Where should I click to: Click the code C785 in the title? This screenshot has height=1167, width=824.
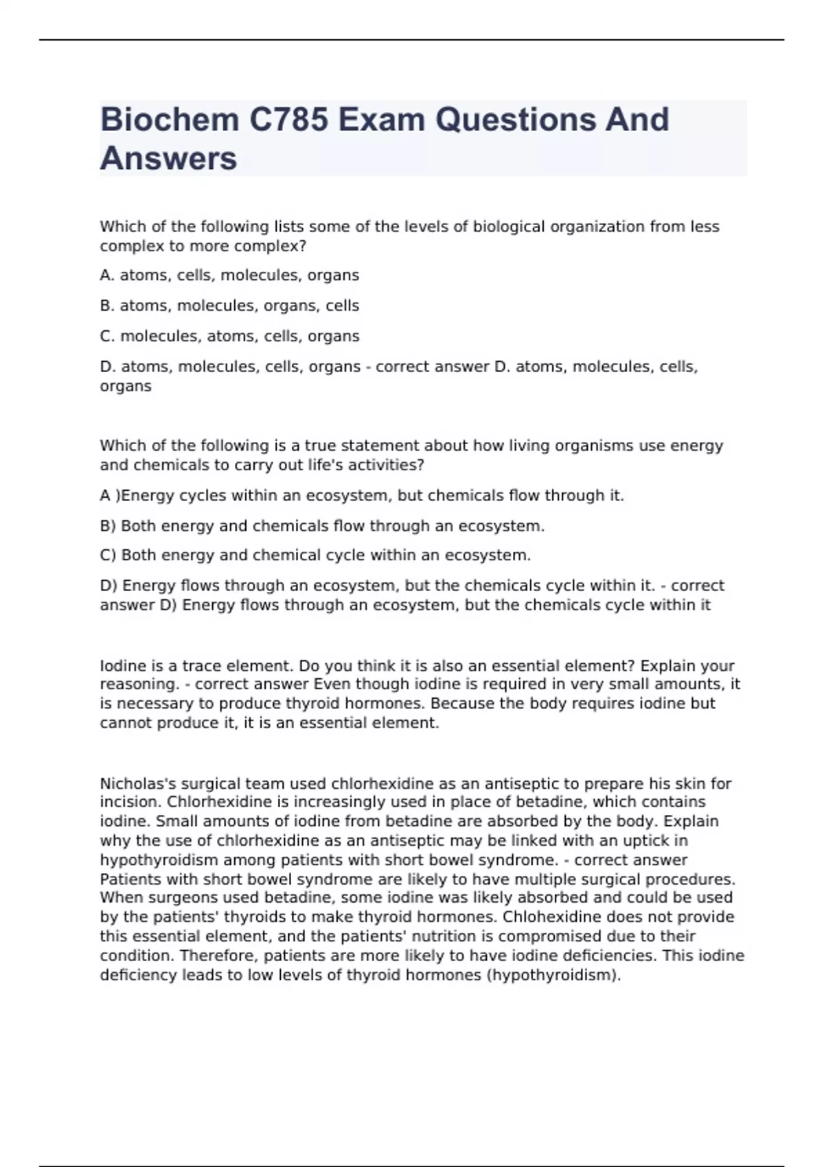[x=288, y=119]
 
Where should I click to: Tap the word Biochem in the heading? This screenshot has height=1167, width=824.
[x=169, y=119]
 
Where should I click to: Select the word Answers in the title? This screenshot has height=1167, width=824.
[x=168, y=159]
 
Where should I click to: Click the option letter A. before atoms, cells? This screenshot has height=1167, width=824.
[x=107, y=275]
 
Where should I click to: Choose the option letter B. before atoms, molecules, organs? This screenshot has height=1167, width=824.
[x=107, y=305]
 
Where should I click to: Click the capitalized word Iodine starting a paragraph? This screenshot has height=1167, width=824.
[x=122, y=666]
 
